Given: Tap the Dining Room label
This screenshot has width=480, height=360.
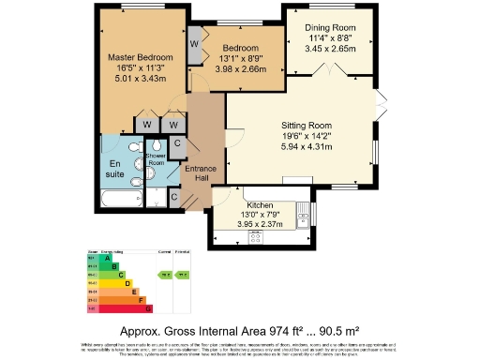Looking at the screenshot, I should coord(325,28).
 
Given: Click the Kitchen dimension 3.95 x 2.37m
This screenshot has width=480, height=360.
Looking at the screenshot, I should coord(259,224).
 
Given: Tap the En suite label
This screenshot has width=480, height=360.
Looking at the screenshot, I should coord(114,166).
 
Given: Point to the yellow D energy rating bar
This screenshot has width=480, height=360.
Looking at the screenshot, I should coord(111,282).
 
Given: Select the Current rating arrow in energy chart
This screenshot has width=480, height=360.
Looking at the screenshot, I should coord(164,275).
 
